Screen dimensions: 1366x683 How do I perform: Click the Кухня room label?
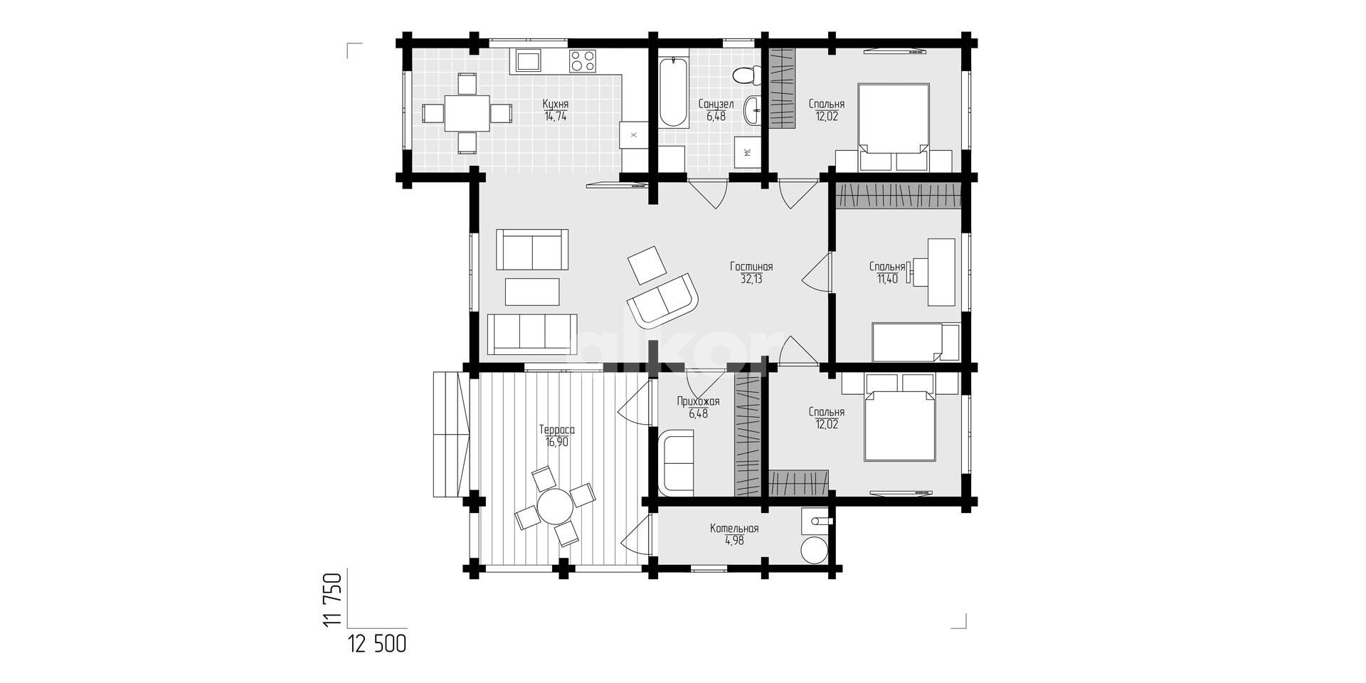pyautogui.click(x=556, y=104)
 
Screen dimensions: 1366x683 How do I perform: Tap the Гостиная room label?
pyautogui.click(x=751, y=267)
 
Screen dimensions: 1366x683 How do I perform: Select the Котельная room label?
pyautogui.click(x=734, y=529)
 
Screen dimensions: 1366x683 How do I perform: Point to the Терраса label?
pyautogui.click(x=556, y=430)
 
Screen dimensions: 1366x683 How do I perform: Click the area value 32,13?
pyautogui.click(x=751, y=279)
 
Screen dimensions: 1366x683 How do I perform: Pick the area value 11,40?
pyautogui.click(x=887, y=279)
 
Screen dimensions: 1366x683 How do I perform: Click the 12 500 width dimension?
pyautogui.click(x=377, y=645)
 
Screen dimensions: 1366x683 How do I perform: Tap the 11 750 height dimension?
pyautogui.click(x=332, y=600)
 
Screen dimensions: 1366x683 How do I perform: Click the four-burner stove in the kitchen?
pyautogui.click(x=582, y=60)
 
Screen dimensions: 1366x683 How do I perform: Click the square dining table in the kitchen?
pyautogui.click(x=467, y=113)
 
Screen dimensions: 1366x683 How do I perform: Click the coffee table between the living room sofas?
pyautogui.click(x=532, y=292)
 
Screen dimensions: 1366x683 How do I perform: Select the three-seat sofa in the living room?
pyautogui.click(x=531, y=334)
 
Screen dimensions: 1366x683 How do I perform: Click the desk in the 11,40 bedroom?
pyautogui.click(x=941, y=272)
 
